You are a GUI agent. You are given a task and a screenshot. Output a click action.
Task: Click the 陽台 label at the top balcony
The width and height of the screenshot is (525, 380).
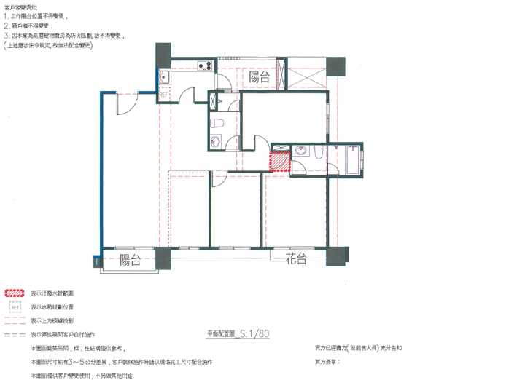pos(260,76)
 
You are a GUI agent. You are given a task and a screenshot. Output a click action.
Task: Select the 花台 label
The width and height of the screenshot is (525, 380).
pos(295,259)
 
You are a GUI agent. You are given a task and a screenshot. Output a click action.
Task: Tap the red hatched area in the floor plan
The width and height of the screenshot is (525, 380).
pos(280,161)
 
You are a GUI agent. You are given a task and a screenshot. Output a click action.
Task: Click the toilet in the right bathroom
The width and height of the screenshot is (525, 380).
pos(319,151)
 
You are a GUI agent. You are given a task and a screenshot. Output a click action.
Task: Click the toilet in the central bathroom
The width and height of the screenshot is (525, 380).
pos(216,123)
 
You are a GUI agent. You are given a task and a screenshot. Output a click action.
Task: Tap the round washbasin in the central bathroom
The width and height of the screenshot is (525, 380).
pos(216,142)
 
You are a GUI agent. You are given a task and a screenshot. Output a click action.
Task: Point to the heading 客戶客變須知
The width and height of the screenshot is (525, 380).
pos(23,6)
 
